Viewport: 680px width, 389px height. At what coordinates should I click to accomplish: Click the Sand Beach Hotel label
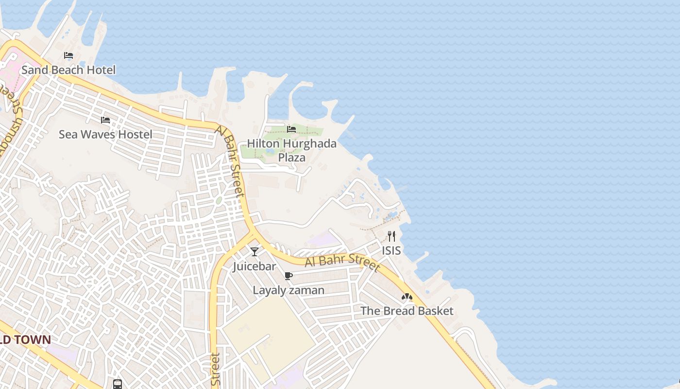[x=68, y=70]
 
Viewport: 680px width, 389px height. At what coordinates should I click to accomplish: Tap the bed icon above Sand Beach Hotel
[x=68, y=55]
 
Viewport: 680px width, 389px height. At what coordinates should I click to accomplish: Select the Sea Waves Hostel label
[x=105, y=134]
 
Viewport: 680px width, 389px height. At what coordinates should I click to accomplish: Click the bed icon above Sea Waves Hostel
[x=105, y=120]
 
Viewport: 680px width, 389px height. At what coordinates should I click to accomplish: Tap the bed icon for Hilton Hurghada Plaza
[x=291, y=129]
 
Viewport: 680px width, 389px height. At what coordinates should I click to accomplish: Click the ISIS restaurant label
[x=391, y=250]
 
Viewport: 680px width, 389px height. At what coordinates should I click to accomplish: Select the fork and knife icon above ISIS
[x=391, y=236]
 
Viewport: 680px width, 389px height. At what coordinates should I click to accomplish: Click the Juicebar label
[x=254, y=266]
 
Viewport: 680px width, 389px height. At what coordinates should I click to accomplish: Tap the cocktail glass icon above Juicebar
[x=254, y=251]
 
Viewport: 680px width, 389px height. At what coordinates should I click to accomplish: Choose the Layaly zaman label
[x=289, y=290]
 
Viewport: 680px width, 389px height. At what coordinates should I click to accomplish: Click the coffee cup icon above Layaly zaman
[x=289, y=276]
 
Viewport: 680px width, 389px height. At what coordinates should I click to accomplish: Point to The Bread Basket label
[x=407, y=311]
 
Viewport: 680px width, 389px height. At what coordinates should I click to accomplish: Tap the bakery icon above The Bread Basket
[x=407, y=297]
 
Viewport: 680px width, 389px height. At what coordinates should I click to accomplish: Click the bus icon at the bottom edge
[x=118, y=384]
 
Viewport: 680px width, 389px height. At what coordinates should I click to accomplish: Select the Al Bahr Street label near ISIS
[x=342, y=261]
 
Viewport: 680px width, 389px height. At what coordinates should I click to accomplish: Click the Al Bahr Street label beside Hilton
[x=230, y=160]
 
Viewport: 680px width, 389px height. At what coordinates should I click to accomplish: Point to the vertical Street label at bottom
[x=216, y=370]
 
